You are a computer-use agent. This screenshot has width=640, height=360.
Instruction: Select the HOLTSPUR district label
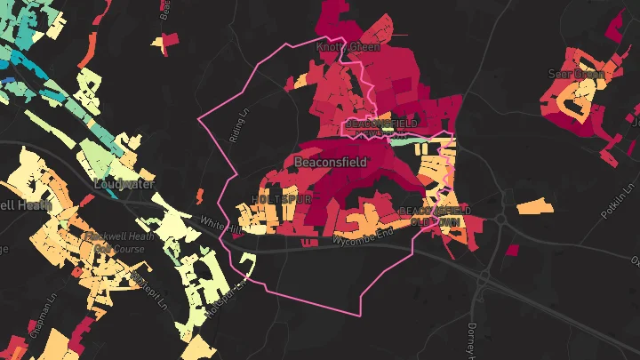282,199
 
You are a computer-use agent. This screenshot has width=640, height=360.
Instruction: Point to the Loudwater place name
124,183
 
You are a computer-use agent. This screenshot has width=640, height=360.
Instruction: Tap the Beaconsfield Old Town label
436,215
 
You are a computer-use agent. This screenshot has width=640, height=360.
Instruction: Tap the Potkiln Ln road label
608,205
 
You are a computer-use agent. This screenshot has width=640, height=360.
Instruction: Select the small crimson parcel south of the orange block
511,251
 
